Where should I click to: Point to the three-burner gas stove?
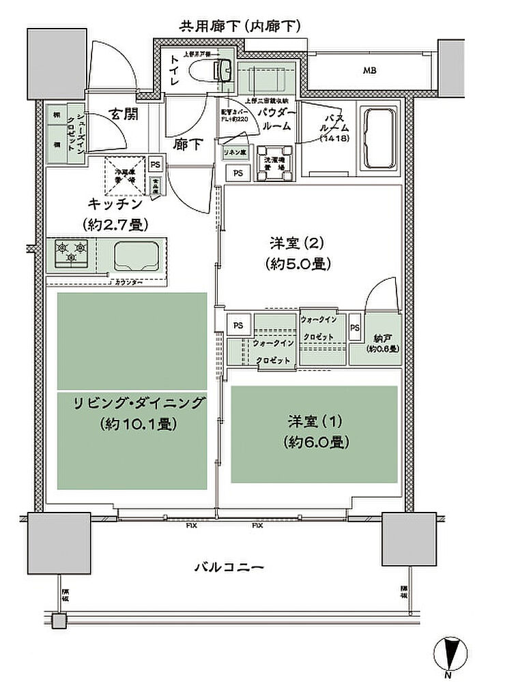point(72,252)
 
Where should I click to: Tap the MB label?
point(369,70)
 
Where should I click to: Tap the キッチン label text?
point(115,203)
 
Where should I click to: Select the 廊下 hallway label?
point(182,145)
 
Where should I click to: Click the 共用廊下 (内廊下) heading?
point(240,27)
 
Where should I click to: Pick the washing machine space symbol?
point(276,163)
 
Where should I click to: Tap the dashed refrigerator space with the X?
point(124,176)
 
